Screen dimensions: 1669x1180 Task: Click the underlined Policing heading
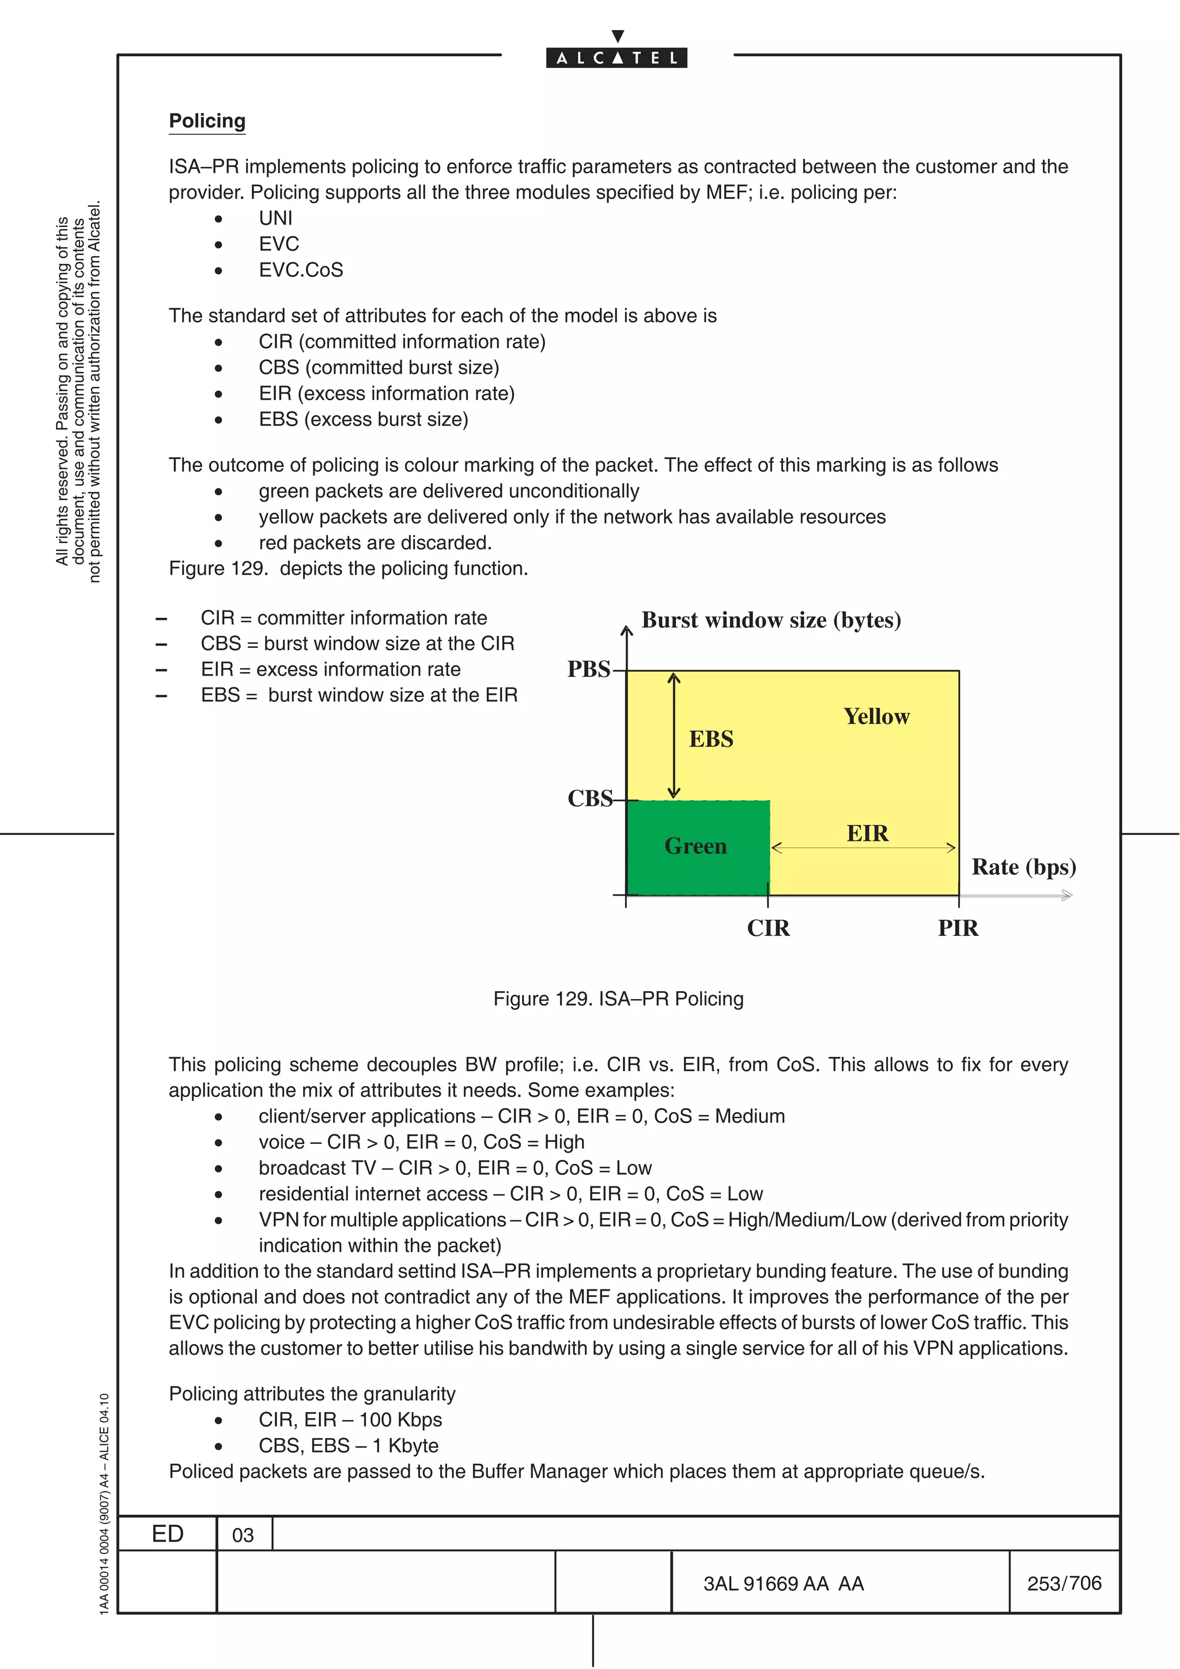coord(207,121)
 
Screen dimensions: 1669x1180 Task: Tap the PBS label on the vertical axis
coord(589,669)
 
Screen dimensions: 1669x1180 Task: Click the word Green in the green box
coord(695,846)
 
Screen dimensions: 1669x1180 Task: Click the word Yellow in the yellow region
coord(876,717)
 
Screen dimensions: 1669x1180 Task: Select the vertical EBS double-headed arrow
coord(674,735)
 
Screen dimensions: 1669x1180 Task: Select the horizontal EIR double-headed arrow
coord(863,848)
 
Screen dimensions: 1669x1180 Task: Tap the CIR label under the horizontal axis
coord(769,928)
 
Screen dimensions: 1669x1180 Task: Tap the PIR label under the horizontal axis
coord(958,928)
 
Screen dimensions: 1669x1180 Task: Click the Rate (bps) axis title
coord(1023,867)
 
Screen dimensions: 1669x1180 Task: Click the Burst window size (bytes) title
coord(771,620)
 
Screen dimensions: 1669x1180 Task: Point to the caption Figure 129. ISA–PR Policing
coord(618,999)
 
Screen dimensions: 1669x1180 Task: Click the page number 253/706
coord(1064,1583)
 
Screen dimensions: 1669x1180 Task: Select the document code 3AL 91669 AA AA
coord(783,1584)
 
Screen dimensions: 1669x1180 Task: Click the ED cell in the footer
coord(167,1534)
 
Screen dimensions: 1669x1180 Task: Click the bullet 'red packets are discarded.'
coord(375,543)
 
